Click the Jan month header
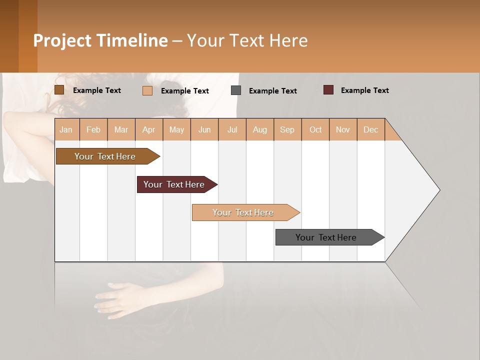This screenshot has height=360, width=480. click(x=66, y=129)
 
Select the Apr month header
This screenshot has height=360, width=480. click(x=149, y=129)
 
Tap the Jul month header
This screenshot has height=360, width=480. click(x=232, y=129)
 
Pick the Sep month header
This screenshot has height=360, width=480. click(x=287, y=129)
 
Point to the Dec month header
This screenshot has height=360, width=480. click(x=370, y=129)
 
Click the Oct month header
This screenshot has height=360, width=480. click(x=315, y=129)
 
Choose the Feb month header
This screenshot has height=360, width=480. click(x=93, y=129)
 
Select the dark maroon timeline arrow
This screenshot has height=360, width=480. click(x=175, y=184)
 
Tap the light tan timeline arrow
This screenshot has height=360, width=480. click(x=243, y=212)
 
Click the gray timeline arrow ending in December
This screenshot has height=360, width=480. click(x=327, y=237)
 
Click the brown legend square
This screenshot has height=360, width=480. click(x=59, y=90)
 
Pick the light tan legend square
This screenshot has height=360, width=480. click(x=147, y=90)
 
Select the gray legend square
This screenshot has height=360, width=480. click(x=236, y=90)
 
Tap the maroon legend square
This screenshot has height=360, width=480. click(x=328, y=90)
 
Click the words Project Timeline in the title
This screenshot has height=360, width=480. click(x=100, y=40)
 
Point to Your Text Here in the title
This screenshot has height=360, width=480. click(x=247, y=40)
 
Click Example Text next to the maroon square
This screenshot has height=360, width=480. click(x=364, y=90)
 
